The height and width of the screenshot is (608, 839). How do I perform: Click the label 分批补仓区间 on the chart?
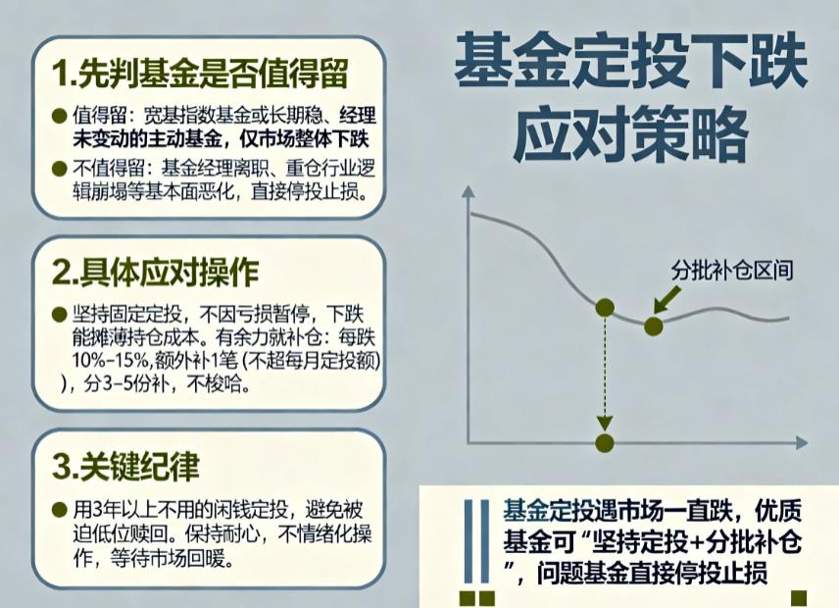click(731, 272)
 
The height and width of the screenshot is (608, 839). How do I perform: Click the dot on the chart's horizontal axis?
click(604, 442)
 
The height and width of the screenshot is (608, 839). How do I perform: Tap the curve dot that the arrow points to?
click(653, 325)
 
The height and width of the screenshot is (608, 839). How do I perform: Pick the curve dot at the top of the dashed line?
click(605, 308)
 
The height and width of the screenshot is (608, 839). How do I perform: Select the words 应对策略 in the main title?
click(631, 134)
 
